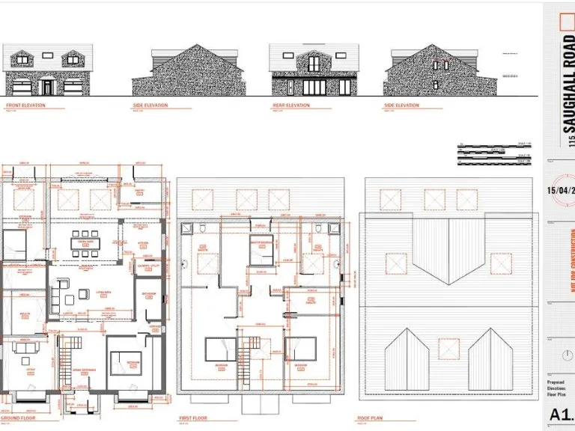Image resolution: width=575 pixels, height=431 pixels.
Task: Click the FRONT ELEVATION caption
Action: point(26,106)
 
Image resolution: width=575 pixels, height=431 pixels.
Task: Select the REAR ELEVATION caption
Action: point(291,106)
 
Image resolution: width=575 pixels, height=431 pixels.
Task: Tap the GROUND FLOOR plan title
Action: point(17,418)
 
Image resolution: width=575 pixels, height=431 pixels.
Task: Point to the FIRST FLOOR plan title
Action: point(192,418)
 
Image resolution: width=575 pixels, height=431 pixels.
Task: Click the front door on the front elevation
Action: point(47,88)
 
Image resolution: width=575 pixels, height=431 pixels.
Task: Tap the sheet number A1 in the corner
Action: point(560,415)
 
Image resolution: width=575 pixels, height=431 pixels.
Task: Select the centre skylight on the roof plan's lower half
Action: point(448,349)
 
